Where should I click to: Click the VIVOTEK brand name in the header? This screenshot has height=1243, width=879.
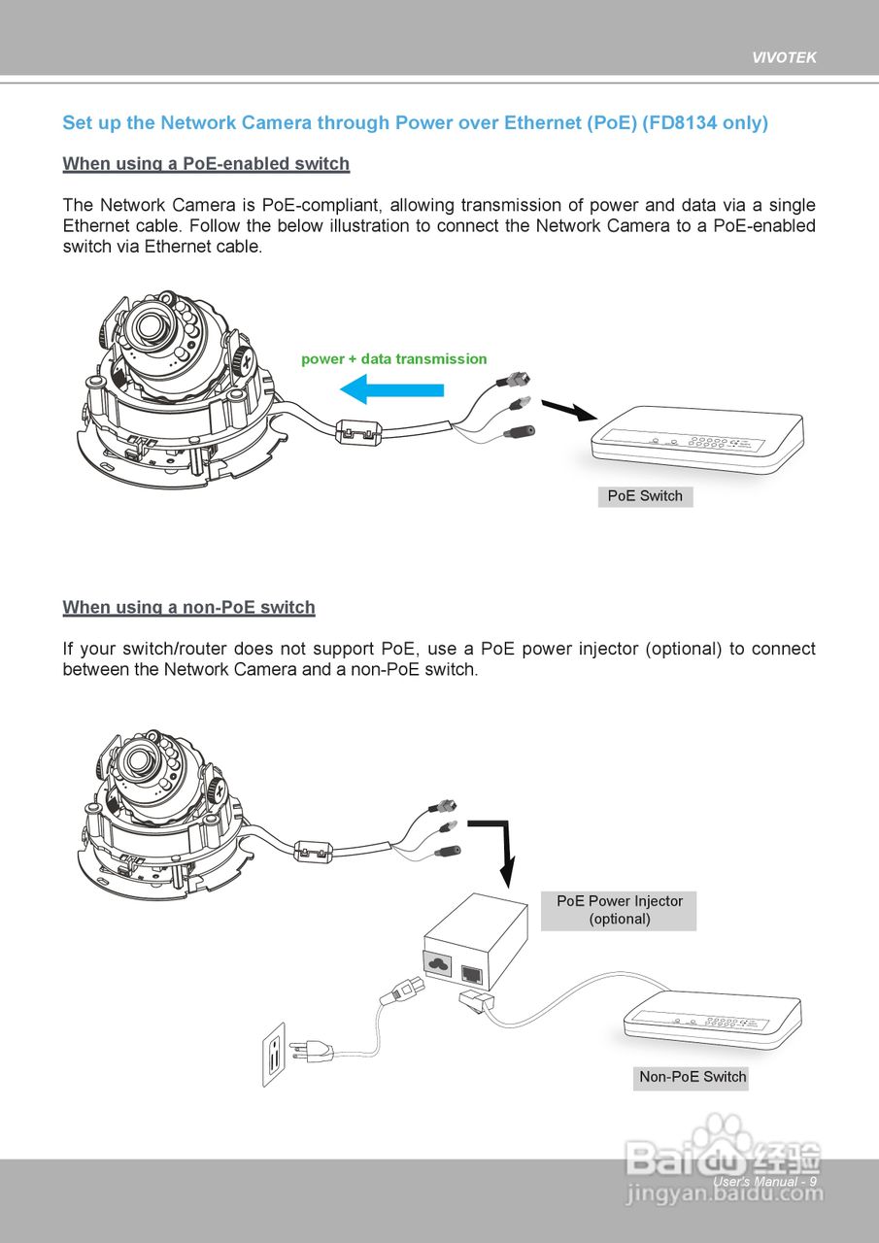click(x=784, y=57)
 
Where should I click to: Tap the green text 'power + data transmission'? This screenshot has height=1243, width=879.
click(x=393, y=359)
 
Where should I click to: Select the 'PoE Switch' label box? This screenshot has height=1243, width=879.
click(x=645, y=496)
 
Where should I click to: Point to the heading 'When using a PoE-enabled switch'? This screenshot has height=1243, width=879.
click(x=206, y=164)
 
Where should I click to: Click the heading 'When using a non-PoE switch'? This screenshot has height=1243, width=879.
click(x=188, y=608)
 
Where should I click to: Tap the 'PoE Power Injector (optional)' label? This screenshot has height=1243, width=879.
click(x=619, y=910)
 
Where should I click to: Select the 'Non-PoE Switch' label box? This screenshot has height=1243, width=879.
click(x=692, y=1077)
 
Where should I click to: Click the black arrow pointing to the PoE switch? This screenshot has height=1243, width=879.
click(x=566, y=410)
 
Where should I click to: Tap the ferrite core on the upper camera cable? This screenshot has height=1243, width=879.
click(x=355, y=432)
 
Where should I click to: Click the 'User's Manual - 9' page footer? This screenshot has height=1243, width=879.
click(x=764, y=1182)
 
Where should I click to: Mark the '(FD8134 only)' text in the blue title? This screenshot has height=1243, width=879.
click(x=705, y=123)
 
